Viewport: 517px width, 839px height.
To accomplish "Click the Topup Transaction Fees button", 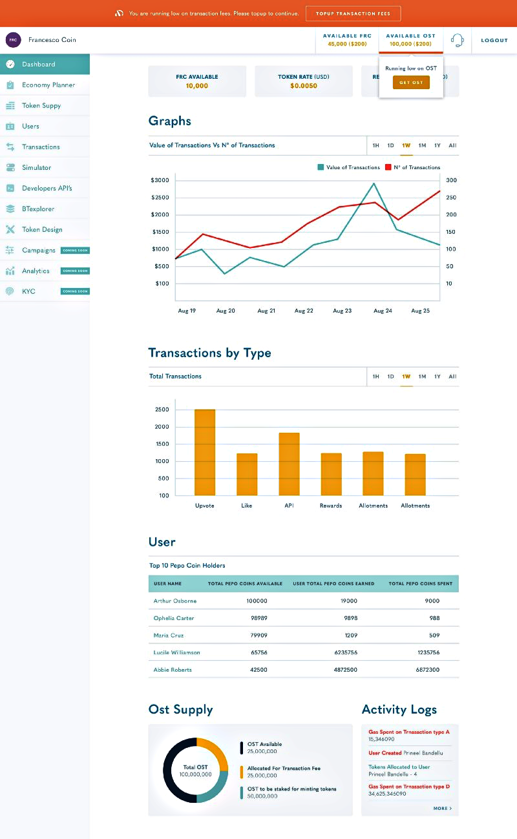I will click(353, 14).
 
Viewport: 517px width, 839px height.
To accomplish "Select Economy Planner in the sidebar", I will click(48, 85).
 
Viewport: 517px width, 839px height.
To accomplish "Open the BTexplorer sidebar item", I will click(38, 209).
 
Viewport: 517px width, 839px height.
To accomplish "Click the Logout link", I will click(494, 40).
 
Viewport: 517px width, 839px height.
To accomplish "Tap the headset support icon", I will click(458, 40).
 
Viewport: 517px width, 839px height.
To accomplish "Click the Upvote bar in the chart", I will click(205, 452).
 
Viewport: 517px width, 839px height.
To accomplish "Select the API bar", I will click(289, 464).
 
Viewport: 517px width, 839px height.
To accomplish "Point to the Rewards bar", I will click(331, 474).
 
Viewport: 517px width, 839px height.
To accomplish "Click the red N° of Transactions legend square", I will click(388, 167).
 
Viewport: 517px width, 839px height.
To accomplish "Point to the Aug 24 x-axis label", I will click(383, 311).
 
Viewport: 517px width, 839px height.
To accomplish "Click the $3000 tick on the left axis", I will click(160, 180).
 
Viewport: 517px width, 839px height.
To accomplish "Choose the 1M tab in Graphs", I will click(422, 145).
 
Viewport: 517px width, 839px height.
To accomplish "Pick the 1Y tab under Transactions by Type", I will click(438, 377).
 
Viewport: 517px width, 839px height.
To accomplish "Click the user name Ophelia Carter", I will click(174, 618).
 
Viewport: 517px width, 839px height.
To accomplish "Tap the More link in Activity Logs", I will click(442, 808).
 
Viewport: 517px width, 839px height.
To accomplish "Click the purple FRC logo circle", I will click(13, 39).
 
